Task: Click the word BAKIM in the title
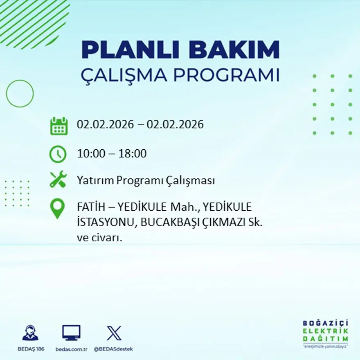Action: (234, 50)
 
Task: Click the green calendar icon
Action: (59, 126)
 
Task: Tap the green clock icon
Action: (58, 154)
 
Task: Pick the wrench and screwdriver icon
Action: (58, 180)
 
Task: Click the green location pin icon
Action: (57, 208)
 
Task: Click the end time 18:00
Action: (133, 154)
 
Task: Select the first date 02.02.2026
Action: (106, 124)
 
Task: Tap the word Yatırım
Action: (95, 180)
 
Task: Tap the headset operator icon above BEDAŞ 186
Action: (30, 333)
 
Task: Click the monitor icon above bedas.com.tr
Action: (71, 333)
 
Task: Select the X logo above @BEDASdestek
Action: (114, 333)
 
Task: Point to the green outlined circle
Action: (20, 94)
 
